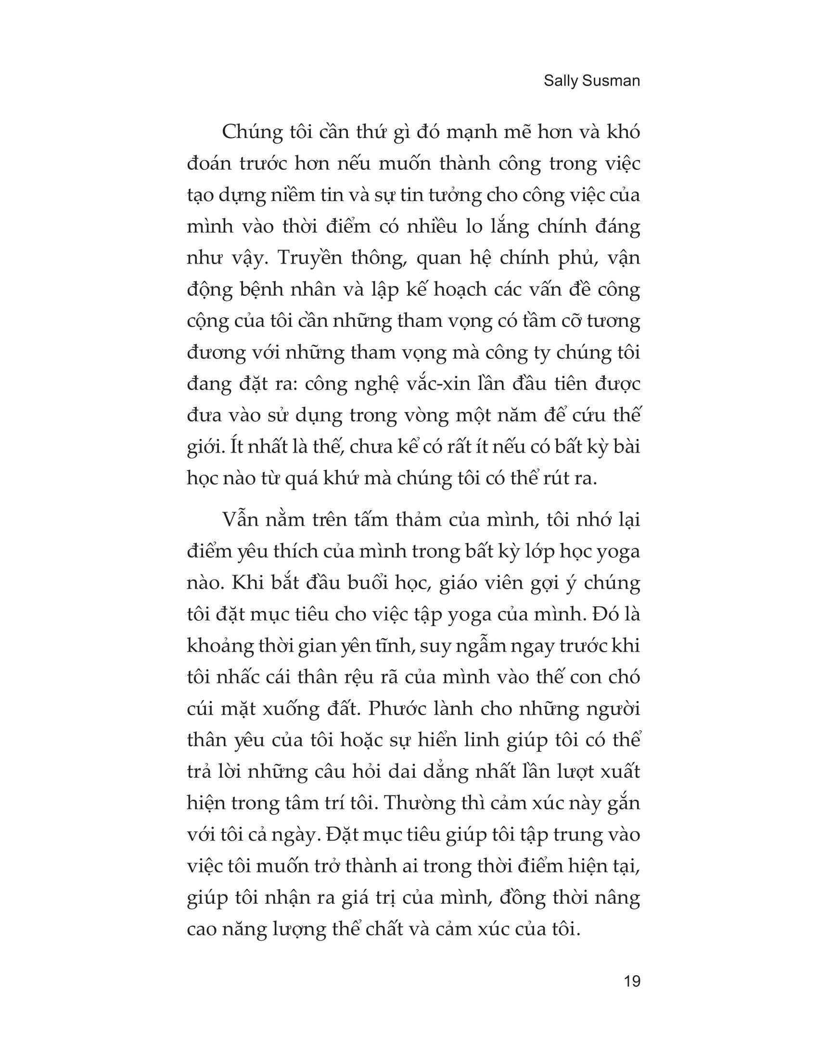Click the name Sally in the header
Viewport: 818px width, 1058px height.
click(x=559, y=81)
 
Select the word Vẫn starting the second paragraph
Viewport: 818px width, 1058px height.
click(x=238, y=521)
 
